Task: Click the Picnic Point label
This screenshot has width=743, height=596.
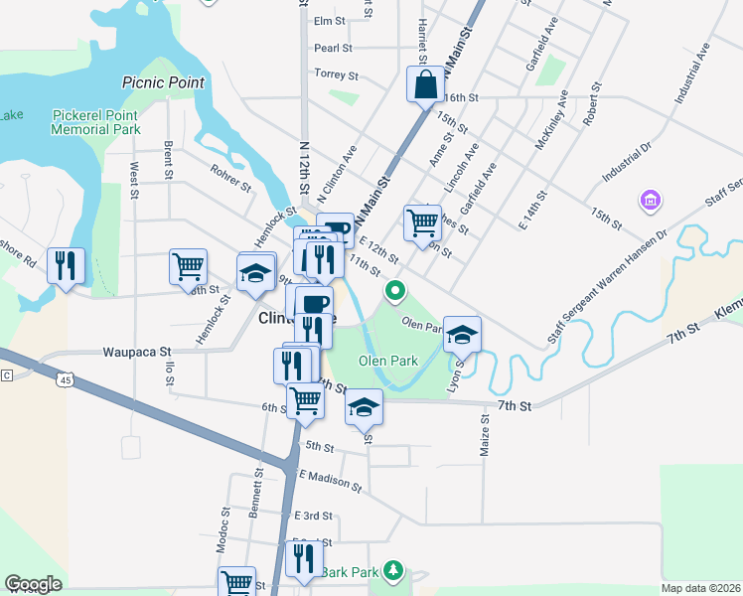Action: pos(163,83)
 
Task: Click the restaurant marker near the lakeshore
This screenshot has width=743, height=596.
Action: pos(66,266)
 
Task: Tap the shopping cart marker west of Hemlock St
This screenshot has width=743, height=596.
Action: pos(188,266)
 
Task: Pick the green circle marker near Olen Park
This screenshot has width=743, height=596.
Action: pos(395,291)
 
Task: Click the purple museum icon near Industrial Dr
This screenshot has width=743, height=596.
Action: pos(651,202)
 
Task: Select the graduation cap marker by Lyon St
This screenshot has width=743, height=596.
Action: pos(462,335)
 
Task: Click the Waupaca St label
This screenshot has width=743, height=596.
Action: pos(137,352)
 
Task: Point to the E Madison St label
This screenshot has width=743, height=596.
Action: pos(329,481)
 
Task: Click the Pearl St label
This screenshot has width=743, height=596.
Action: pos(333,48)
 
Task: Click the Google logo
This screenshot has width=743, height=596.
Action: pos(33,584)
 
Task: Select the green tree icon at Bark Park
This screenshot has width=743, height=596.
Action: pos(394,569)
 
